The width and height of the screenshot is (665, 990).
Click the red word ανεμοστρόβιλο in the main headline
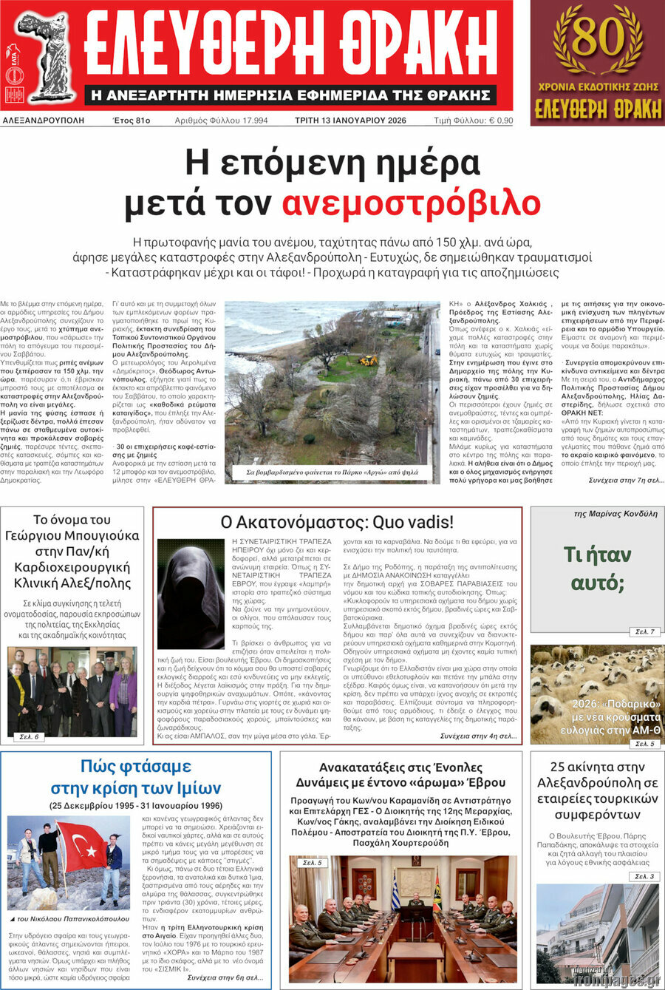pos(411,202)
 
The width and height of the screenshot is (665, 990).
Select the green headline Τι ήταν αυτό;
pos(597,569)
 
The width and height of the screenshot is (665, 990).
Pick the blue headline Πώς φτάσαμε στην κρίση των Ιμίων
pos(136,776)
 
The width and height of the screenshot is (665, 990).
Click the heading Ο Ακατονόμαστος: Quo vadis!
pos(337,522)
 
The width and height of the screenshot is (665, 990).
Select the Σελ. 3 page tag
pos(644,876)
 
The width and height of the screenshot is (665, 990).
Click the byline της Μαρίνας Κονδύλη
pos(615,514)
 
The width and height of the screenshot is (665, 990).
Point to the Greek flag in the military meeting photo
pos(395,891)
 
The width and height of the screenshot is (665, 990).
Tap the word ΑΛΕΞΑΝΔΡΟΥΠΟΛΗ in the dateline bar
pos(44,121)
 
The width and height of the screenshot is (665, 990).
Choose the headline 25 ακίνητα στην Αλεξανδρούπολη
pos(597,790)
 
